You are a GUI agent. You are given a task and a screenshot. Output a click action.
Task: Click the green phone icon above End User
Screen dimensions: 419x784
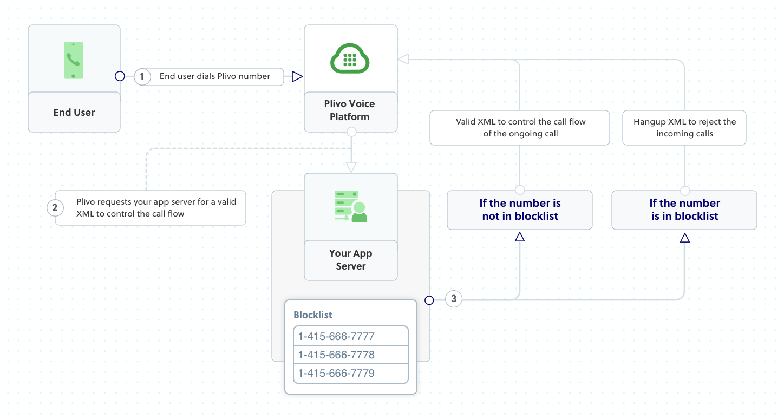click(x=74, y=60)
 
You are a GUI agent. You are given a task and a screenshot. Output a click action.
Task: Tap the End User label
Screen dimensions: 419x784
click(x=74, y=113)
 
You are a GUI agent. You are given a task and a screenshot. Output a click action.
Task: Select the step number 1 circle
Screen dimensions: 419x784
click(x=142, y=77)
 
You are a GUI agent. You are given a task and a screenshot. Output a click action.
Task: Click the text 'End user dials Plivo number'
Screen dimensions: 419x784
click(x=215, y=76)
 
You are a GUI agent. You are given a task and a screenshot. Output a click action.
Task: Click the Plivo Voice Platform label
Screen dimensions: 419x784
click(x=350, y=110)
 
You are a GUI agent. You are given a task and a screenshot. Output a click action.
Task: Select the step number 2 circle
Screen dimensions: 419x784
click(x=55, y=207)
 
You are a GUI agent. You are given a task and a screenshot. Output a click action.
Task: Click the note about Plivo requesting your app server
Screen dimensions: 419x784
click(x=156, y=208)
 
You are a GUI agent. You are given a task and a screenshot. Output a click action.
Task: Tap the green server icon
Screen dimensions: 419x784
click(x=350, y=206)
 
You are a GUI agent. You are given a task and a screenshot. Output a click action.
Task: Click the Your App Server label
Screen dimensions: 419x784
click(x=350, y=260)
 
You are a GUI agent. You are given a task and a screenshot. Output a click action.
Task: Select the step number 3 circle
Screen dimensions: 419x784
click(x=454, y=299)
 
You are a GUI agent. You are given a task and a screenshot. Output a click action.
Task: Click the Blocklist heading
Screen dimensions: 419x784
click(x=313, y=315)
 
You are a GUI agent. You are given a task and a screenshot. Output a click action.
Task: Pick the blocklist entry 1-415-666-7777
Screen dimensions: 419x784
click(x=350, y=336)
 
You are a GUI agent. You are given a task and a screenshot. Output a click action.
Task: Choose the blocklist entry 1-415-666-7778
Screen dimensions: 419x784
click(x=350, y=355)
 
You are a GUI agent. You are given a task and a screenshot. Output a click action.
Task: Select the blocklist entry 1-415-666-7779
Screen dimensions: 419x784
click(x=350, y=374)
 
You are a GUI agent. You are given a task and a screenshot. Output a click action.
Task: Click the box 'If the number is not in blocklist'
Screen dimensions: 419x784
click(x=520, y=209)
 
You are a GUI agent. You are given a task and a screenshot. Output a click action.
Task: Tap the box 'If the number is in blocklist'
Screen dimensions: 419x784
click(x=684, y=209)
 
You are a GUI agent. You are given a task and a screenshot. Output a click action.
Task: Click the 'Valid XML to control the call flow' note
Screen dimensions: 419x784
click(x=520, y=128)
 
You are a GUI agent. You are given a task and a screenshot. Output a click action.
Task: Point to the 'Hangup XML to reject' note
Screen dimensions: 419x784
click(x=684, y=128)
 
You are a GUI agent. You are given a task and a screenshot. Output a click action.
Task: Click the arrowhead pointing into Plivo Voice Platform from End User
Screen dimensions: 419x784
click(x=297, y=77)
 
